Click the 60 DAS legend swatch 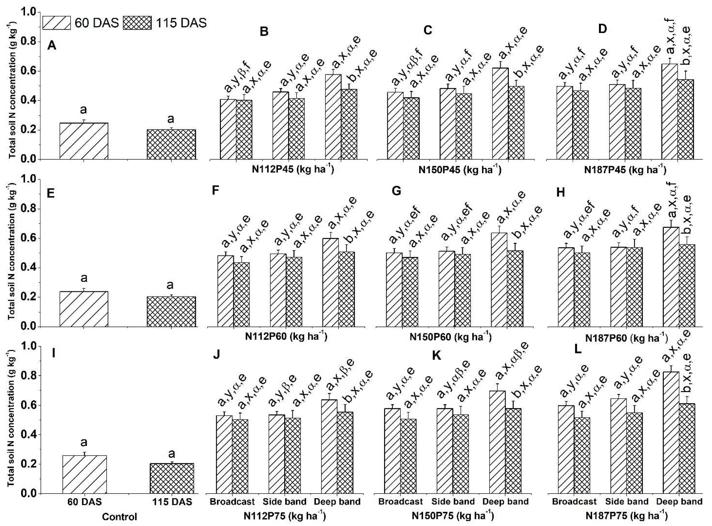point(57,23)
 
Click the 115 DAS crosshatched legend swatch point(137,23)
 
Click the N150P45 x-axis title point(460,169)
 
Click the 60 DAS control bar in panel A point(84,141)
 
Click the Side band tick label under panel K point(453,502)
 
